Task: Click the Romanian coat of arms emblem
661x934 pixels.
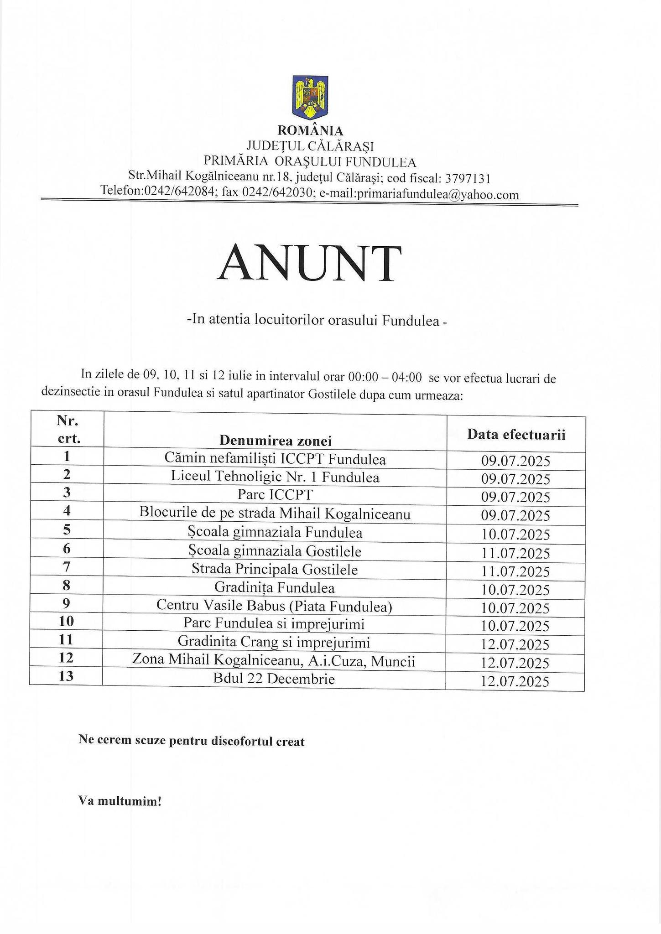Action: [310, 96]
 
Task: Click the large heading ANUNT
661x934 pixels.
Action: [310, 264]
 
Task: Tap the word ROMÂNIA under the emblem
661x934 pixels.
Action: [310, 131]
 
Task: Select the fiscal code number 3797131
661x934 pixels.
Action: [468, 178]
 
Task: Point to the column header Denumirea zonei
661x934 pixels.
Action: [275, 440]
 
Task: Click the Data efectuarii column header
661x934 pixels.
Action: [516, 434]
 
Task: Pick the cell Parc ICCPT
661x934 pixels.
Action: [275, 495]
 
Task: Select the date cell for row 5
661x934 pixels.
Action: [515, 534]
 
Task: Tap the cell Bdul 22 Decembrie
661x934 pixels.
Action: [274, 679]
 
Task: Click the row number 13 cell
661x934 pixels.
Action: [67, 676]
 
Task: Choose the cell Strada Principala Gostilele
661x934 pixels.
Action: [275, 570]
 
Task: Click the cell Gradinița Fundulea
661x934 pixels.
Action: [275, 588]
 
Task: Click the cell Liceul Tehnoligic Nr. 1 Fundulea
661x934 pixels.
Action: [275, 477]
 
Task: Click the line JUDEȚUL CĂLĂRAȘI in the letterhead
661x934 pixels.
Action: [310, 146]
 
